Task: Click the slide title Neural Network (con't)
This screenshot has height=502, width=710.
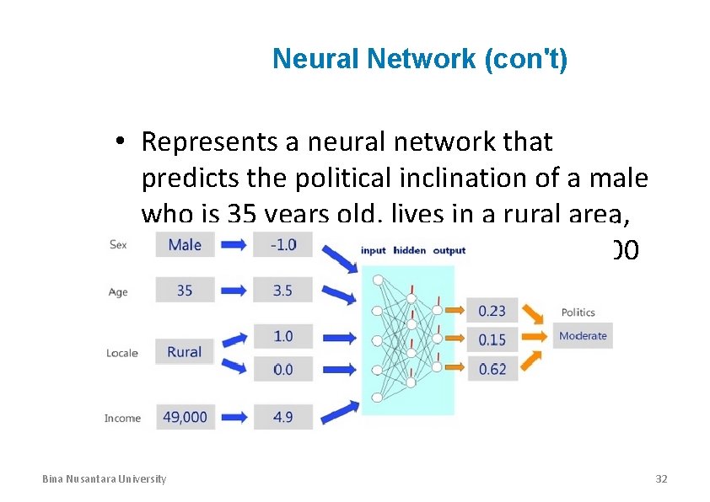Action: (x=420, y=60)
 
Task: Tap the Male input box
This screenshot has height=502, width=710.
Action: (x=185, y=245)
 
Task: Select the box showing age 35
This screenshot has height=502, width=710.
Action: (x=185, y=291)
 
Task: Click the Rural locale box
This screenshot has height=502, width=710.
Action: (x=185, y=352)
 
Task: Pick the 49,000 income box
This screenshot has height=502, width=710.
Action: (x=185, y=417)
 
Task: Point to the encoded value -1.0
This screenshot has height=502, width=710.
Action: (x=283, y=245)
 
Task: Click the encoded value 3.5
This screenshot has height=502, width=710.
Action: (x=283, y=291)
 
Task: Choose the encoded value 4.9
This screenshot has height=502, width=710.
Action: (x=283, y=417)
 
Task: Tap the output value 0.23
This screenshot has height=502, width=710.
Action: (x=492, y=311)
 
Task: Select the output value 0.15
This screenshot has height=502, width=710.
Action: (x=492, y=339)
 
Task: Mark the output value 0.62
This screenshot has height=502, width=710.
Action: (x=492, y=369)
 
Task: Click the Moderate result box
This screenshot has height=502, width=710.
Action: (x=583, y=336)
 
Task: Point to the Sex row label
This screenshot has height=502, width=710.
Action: (x=118, y=245)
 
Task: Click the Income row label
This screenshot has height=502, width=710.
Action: (x=122, y=418)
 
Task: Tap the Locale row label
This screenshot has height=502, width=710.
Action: (x=122, y=353)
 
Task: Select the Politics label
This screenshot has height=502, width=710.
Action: (x=578, y=312)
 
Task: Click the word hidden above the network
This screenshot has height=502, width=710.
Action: (x=411, y=250)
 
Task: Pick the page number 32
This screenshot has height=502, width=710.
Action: (x=661, y=479)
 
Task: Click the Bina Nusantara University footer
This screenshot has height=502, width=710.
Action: (x=105, y=479)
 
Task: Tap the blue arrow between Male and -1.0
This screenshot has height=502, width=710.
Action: (x=234, y=245)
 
